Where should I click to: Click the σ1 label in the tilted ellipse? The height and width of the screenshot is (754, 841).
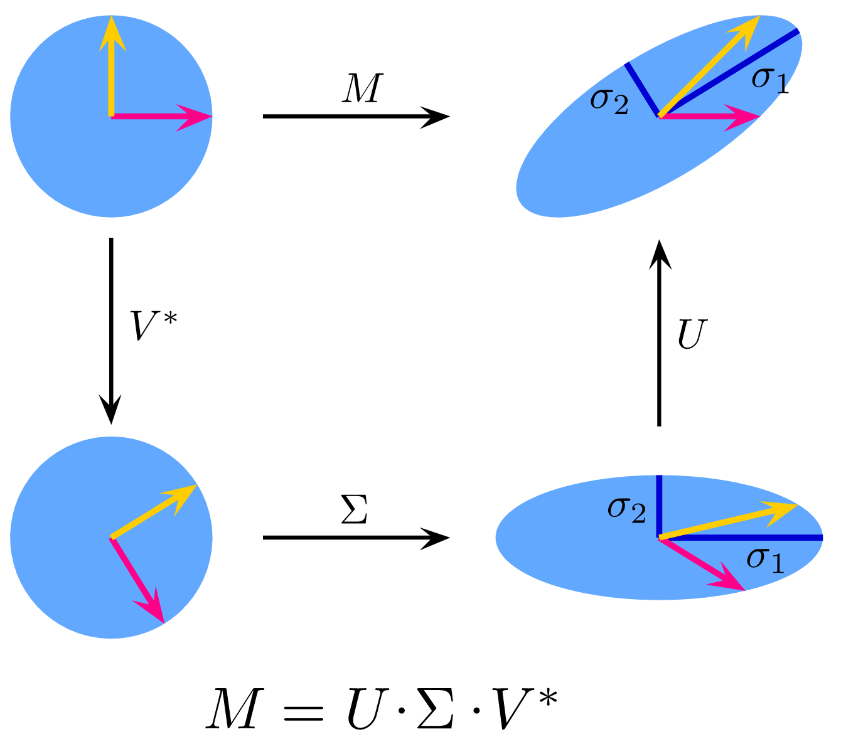coord(770,80)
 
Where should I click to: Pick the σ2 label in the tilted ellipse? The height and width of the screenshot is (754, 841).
coord(609,101)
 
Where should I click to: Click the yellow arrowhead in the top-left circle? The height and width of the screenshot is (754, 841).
coord(112,31)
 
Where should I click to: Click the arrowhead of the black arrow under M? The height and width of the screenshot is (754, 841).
coord(436,116)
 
